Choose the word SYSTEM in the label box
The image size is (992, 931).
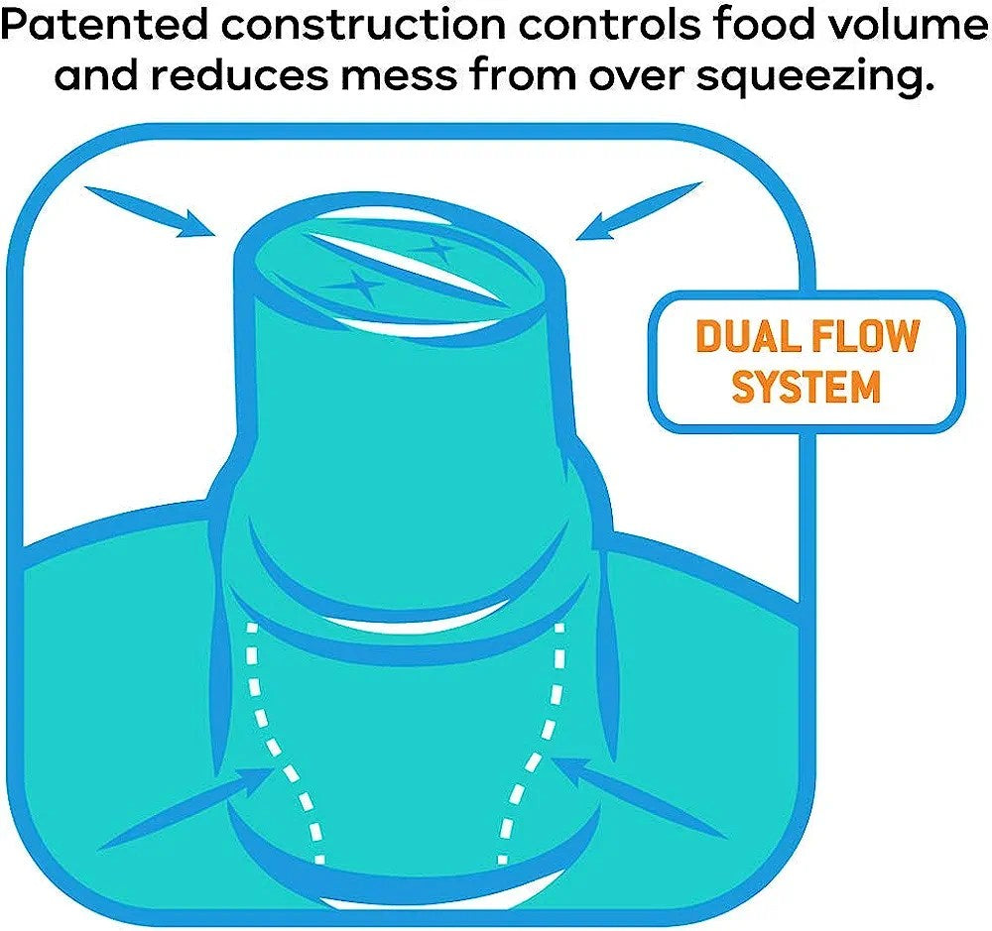click(x=806, y=387)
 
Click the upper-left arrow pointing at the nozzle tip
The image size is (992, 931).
click(x=149, y=209)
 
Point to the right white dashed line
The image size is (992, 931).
click(x=541, y=744)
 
